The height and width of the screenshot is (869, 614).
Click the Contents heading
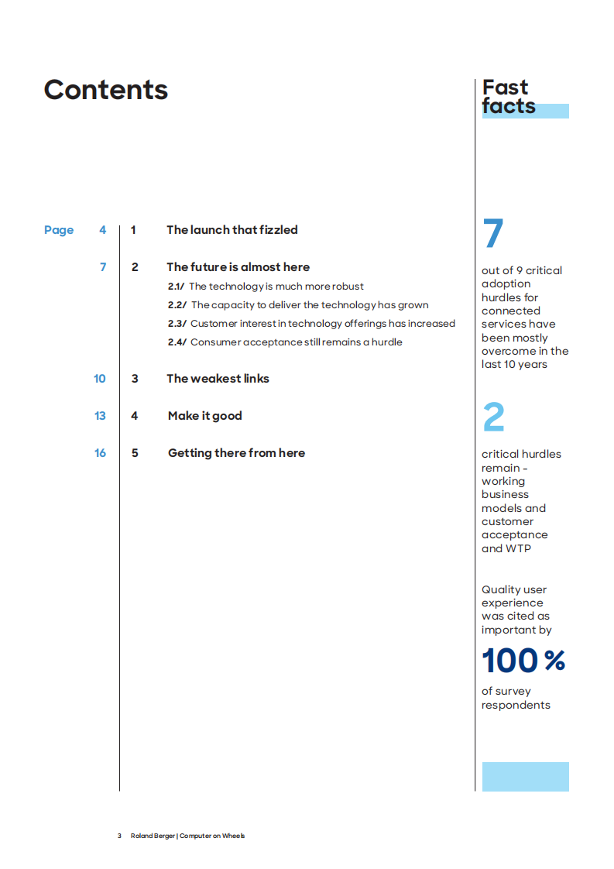pos(106,90)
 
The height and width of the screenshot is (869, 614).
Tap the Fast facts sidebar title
pos(509,97)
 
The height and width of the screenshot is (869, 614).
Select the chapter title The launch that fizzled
pos(232,230)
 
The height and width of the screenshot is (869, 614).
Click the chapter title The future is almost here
pos(238,267)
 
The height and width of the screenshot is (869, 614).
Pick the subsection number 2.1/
pos(177,287)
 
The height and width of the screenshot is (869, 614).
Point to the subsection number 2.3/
pos(177,324)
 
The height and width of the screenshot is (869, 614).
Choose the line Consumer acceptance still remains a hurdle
pos(296,342)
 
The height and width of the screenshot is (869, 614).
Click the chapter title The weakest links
pos(218,379)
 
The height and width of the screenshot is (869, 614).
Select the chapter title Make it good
pos(204,416)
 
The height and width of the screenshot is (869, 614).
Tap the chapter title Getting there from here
pos(236,453)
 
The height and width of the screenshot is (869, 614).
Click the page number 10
pos(100,379)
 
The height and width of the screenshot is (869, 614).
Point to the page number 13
pos(100,416)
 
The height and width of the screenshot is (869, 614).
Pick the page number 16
pos(100,453)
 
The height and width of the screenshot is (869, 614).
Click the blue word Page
pos(59,230)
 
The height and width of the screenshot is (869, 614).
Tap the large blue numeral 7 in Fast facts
pos(493,234)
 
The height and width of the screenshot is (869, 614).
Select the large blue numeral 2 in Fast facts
pos(493,418)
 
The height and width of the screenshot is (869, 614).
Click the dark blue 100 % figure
pos(523,661)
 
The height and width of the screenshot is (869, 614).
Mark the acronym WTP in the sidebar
pos(519,548)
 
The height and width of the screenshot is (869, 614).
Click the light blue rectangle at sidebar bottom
pos(525,776)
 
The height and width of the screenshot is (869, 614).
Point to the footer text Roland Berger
pos(153,836)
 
